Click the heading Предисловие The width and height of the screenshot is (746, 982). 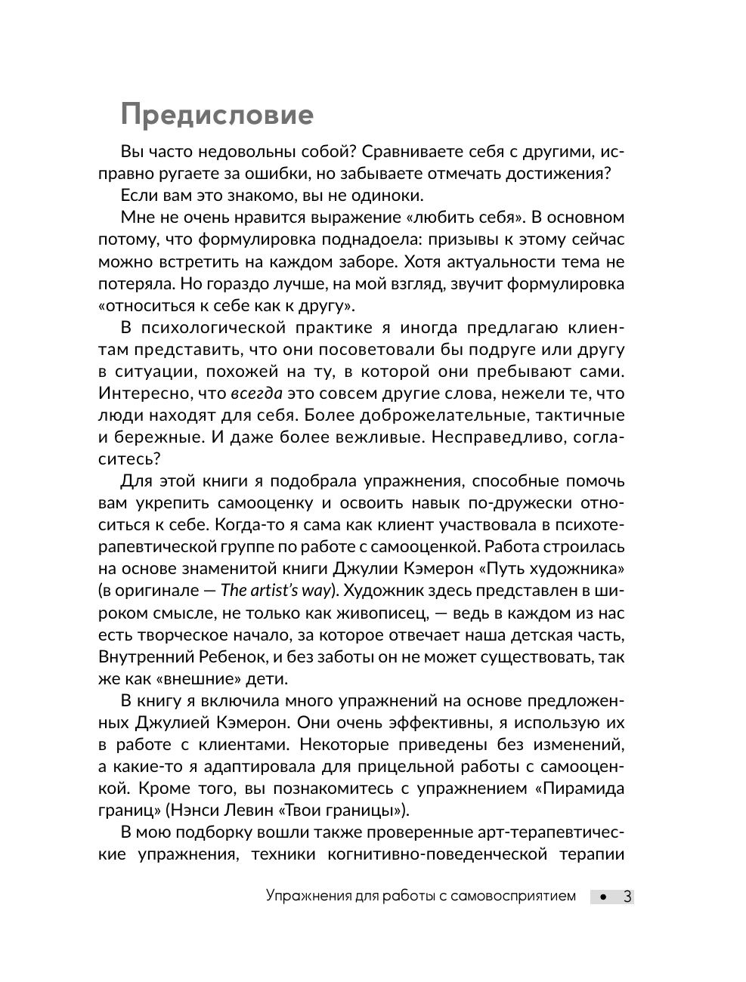[x=217, y=115]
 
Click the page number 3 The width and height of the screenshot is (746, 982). [x=627, y=897]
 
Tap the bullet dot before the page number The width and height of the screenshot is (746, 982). [x=602, y=897]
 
